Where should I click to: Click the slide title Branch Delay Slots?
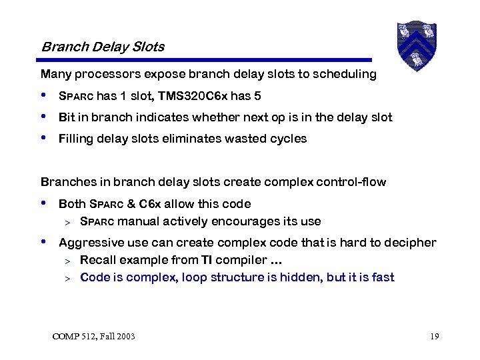[x=103, y=47]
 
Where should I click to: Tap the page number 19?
[x=434, y=337]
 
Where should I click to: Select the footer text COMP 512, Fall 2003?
[x=93, y=337]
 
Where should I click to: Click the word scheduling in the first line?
[x=345, y=74]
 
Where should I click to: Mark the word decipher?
[x=413, y=243]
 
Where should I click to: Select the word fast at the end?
[x=383, y=277]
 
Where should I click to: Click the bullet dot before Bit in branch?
[x=44, y=117]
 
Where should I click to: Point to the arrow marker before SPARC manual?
[x=67, y=222]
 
